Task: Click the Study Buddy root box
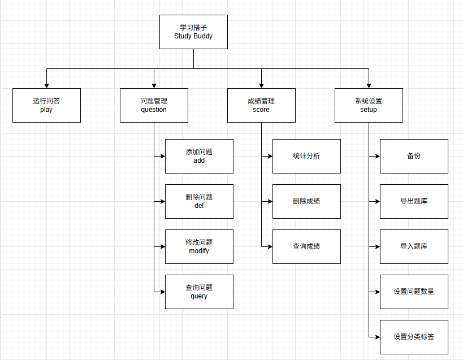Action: [193, 32]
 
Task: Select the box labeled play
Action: [47, 105]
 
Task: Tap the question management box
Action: [154, 105]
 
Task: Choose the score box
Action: [261, 105]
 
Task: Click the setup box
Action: [369, 105]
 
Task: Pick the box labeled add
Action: [199, 156]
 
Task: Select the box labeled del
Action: [199, 201]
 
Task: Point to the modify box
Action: [199, 247]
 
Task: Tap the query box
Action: [199, 292]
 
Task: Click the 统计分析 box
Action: [306, 156]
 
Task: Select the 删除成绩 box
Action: [306, 201]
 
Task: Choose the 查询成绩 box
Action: [306, 247]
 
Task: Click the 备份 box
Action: [414, 156]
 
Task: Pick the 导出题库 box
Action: [414, 201]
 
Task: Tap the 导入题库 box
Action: [414, 247]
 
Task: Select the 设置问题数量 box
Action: [414, 292]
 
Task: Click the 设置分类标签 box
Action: [414, 337]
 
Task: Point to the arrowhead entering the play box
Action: [47, 86]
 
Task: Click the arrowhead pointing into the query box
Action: [163, 292]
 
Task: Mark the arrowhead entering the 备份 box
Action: [378, 156]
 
